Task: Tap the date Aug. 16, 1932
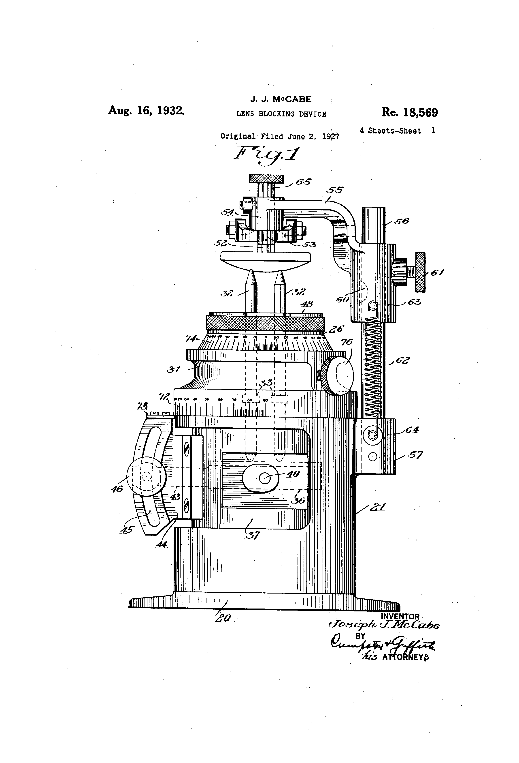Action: click(x=146, y=110)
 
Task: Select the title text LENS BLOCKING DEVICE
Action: click(x=281, y=114)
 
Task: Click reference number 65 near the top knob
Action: click(x=304, y=182)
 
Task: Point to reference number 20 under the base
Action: click(x=223, y=618)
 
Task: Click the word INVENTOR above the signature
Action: click(x=400, y=617)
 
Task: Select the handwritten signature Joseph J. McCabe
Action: click(x=384, y=625)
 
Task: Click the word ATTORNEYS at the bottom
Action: click(x=406, y=657)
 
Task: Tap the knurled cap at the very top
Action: click(x=266, y=179)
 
